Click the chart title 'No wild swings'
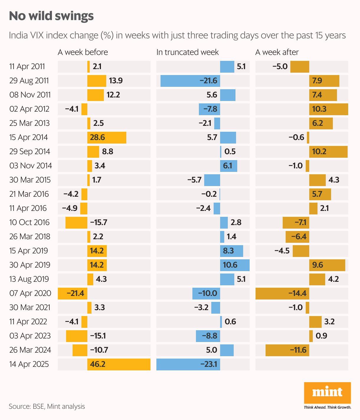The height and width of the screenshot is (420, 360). pyautogui.click(x=51, y=16)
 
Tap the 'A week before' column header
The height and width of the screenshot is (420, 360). pyautogui.click(x=83, y=52)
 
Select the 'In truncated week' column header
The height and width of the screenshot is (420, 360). pyautogui.click(x=187, y=52)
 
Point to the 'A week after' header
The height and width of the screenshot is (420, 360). pyautogui.click(x=277, y=52)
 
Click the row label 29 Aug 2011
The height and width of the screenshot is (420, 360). pyautogui.click(x=29, y=81)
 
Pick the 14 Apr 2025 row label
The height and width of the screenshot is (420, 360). pyautogui.click(x=29, y=364)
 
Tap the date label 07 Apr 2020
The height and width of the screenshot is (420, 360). pyautogui.click(x=30, y=293)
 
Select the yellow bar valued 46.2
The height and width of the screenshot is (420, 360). pyautogui.click(x=119, y=364)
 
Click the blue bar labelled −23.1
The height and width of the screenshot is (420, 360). pyautogui.click(x=188, y=364)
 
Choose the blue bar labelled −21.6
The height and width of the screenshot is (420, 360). pyautogui.click(x=190, y=81)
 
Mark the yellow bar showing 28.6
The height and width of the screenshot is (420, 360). pyautogui.click(x=107, y=137)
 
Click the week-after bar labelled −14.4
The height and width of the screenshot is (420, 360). pyautogui.click(x=282, y=293)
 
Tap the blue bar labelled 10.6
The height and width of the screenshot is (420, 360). pyautogui.click(x=235, y=265)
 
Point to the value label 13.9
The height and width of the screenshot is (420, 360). pyautogui.click(x=116, y=81)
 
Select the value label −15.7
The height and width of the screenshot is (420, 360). pyautogui.click(x=99, y=222)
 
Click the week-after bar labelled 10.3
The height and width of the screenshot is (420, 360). pyautogui.click(x=328, y=109)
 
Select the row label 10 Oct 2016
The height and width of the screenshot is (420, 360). pyautogui.click(x=30, y=222)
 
